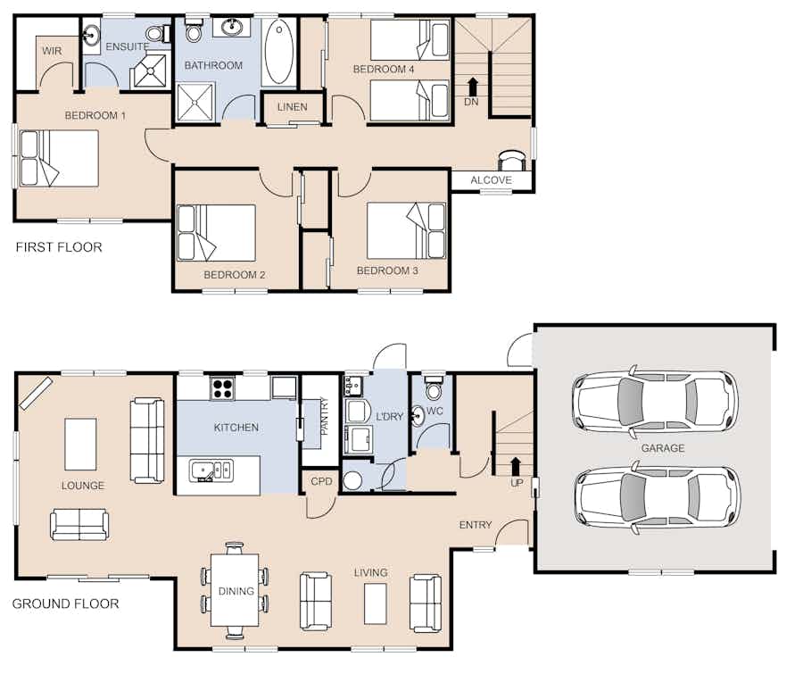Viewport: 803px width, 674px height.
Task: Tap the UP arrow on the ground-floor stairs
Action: (516, 466)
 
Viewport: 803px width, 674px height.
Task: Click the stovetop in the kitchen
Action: (223, 388)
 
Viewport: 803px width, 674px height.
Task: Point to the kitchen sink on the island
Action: (211, 470)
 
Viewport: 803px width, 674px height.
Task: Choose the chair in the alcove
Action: (512, 160)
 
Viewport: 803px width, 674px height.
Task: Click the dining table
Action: (236, 590)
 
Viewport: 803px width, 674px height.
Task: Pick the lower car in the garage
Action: (657, 497)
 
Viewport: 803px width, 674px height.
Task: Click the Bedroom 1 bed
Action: (59, 158)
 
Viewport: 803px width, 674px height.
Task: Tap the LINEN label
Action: (293, 107)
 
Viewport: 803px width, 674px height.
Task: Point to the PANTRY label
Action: (324, 416)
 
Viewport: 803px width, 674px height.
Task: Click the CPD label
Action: (321, 481)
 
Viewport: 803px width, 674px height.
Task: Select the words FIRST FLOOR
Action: (59, 247)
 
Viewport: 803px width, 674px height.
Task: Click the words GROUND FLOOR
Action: (65, 603)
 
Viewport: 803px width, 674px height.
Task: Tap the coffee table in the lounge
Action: (80, 445)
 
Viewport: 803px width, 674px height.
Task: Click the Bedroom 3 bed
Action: (407, 230)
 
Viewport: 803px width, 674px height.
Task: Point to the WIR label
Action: (52, 51)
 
